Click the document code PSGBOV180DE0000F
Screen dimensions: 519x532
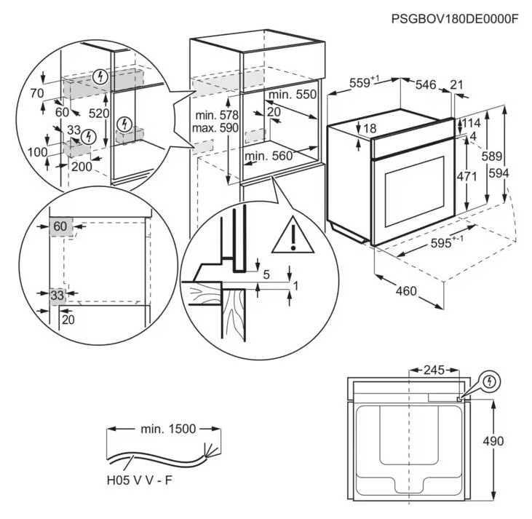[453, 19]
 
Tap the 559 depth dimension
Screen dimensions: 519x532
[362, 84]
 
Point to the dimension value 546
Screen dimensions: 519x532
[425, 85]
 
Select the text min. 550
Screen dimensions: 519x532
[293, 95]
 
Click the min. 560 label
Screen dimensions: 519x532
[269, 156]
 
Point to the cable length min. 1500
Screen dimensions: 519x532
[167, 429]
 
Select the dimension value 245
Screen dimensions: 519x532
[434, 370]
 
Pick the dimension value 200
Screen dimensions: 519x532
[82, 166]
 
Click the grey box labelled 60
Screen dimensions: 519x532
[60, 226]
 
